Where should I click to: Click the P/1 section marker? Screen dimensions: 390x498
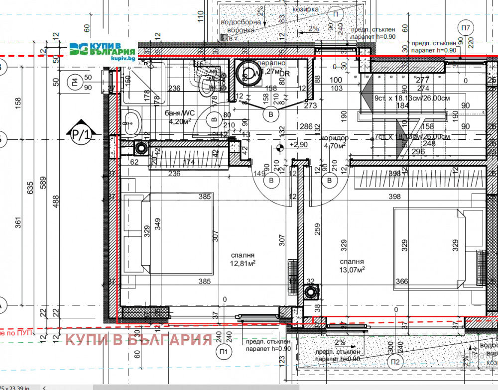pos(80,133)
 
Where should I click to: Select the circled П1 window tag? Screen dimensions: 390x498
pos(224,353)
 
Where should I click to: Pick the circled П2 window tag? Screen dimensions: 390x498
pos(395,361)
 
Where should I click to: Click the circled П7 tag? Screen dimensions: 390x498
pos(466,28)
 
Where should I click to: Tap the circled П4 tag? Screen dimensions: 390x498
pos(74,82)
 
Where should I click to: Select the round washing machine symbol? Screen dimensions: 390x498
pos(246,72)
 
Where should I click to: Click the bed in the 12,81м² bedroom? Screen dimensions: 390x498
pos(169,233)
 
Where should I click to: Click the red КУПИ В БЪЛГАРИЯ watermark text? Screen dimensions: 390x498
pos(139,340)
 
